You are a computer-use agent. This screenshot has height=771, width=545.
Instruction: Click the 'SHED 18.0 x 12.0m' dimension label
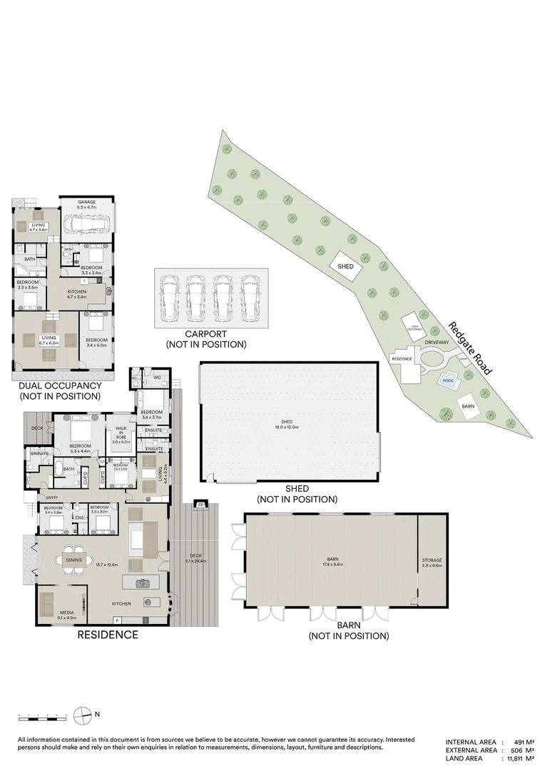(287, 423)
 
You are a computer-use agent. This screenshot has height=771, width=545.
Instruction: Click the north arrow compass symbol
(84, 713)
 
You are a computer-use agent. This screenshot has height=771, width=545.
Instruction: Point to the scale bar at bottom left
(43, 714)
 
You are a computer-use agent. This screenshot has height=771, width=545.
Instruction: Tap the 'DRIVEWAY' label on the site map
(437, 343)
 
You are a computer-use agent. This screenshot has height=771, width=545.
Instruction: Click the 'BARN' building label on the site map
(468, 405)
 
